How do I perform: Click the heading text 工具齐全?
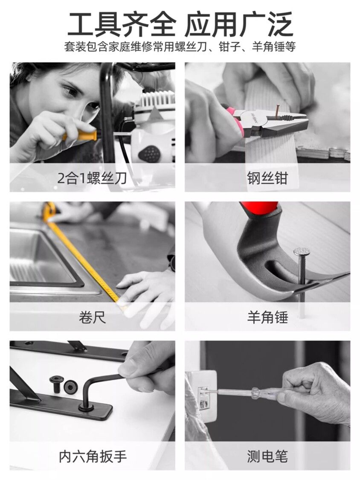click(x=122, y=24)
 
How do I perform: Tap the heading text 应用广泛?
click(x=239, y=24)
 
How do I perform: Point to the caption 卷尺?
click(x=92, y=317)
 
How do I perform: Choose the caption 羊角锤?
click(x=267, y=317)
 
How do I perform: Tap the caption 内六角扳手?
click(x=93, y=456)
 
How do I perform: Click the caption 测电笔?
click(x=267, y=456)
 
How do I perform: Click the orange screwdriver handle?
click(x=80, y=135)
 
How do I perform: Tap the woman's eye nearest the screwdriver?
click(x=93, y=106)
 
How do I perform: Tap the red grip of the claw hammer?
click(x=260, y=209)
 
